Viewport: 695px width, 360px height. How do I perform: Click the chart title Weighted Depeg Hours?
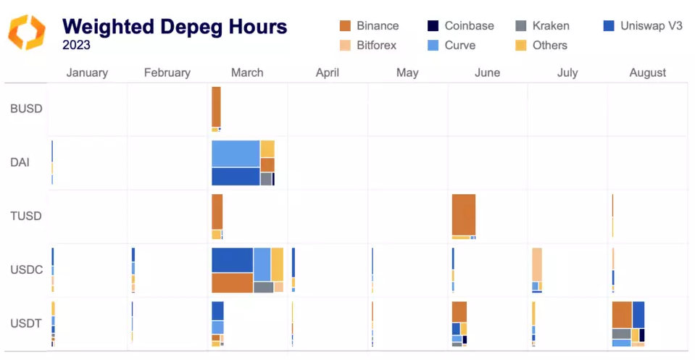pyautogui.click(x=175, y=27)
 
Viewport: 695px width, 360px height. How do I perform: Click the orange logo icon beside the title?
pyautogui.click(x=27, y=33)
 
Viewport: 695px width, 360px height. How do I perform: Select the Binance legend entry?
pyautogui.click(x=369, y=26)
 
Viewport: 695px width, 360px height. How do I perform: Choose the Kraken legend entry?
pyautogui.click(x=542, y=26)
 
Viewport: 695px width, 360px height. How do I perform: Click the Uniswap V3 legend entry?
pyautogui.click(x=642, y=26)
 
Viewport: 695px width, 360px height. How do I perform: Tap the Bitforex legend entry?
pyautogui.click(x=369, y=45)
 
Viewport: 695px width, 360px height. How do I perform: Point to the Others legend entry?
pyautogui.click(x=541, y=45)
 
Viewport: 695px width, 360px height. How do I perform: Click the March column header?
pyautogui.click(x=247, y=72)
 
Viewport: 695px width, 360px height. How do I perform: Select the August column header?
pyautogui.click(x=647, y=72)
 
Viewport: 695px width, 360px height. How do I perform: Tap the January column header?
pyautogui.click(x=87, y=72)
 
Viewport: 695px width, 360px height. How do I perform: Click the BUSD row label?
pyautogui.click(x=26, y=109)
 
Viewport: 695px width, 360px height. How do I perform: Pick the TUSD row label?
pyautogui.click(x=26, y=216)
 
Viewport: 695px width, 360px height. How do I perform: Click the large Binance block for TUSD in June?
pyautogui.click(x=463, y=214)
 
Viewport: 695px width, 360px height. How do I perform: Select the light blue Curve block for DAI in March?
pyautogui.click(x=236, y=154)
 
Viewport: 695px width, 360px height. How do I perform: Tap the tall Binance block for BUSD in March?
pyautogui.click(x=216, y=106)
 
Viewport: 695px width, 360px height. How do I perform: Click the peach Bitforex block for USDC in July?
pyautogui.click(x=537, y=264)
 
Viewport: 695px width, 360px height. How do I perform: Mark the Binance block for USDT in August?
pyautogui.click(x=622, y=314)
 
